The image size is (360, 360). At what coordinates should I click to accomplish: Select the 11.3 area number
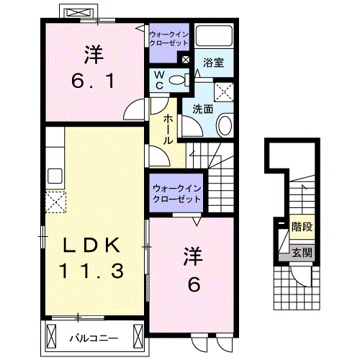(91, 271)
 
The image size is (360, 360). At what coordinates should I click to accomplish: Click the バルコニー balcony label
(91, 336)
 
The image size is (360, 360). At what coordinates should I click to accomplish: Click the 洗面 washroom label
(202, 109)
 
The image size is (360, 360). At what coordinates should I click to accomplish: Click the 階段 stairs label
(302, 227)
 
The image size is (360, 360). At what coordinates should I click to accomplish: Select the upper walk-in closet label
(168, 38)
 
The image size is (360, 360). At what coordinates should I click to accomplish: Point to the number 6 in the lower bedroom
(194, 284)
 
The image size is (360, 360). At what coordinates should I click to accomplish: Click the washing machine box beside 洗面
(224, 91)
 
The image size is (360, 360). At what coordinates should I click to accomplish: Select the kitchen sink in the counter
(54, 175)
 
